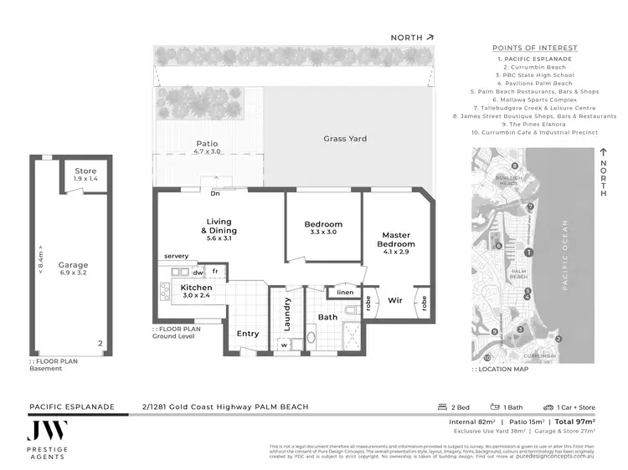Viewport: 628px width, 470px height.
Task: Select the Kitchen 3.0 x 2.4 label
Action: pos(197,292)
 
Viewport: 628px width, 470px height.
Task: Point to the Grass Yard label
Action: pos(345,139)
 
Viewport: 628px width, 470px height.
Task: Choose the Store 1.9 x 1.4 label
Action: pos(85,175)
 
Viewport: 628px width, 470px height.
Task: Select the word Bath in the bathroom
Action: pos(327,317)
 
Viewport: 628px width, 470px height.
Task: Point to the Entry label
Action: pos(248,333)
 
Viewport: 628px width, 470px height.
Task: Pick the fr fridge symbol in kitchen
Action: pos(215,272)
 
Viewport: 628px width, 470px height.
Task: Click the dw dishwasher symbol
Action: pos(198,272)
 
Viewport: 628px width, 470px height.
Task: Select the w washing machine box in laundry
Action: pos(285,343)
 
